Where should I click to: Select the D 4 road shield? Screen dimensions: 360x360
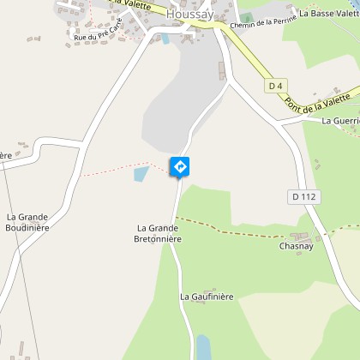tap(275, 86)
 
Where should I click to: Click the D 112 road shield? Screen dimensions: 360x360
tap(303, 196)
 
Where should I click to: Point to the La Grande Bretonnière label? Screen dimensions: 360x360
tap(158, 233)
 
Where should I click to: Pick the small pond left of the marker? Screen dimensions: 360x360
tap(141, 175)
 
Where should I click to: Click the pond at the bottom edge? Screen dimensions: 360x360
tap(204, 346)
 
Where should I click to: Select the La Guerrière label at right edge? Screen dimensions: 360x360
tap(340, 122)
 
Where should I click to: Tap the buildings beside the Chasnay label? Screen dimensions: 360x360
tap(300, 235)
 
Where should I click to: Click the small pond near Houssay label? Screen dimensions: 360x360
tap(165, 38)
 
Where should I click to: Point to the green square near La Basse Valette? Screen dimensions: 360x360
tap(247, 18)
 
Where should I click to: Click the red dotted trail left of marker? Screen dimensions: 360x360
tap(120, 167)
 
